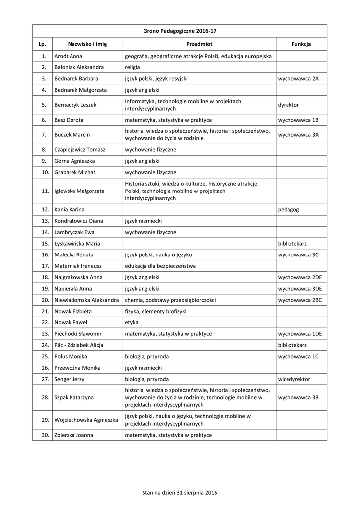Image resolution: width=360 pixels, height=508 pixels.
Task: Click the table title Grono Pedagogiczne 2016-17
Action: (180, 31)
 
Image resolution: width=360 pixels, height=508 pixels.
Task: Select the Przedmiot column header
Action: (199, 44)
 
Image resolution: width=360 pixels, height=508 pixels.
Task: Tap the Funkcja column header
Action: (301, 44)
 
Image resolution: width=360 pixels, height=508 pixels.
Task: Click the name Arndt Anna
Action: (69, 56)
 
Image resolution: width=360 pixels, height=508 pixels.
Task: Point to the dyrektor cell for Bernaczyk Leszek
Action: (288, 105)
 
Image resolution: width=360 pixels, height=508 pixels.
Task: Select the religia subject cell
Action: (133, 67)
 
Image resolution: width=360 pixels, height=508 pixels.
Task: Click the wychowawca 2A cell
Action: (298, 78)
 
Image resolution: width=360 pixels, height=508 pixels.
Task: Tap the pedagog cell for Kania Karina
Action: (288, 209)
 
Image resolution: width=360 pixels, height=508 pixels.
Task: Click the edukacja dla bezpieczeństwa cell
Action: (160, 266)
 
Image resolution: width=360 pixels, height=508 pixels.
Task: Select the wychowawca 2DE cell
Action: (300, 277)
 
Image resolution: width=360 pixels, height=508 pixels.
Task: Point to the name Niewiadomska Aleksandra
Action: (86, 300)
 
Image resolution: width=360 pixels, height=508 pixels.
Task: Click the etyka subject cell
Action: (132, 322)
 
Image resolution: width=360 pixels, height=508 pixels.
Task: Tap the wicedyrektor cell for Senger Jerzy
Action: (294, 379)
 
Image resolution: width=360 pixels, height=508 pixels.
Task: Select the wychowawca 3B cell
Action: (298, 397)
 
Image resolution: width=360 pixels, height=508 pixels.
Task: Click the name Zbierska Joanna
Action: (74, 435)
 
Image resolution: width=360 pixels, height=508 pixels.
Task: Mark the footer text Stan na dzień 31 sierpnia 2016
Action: (180, 492)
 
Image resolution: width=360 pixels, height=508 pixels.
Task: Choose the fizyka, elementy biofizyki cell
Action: (155, 311)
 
